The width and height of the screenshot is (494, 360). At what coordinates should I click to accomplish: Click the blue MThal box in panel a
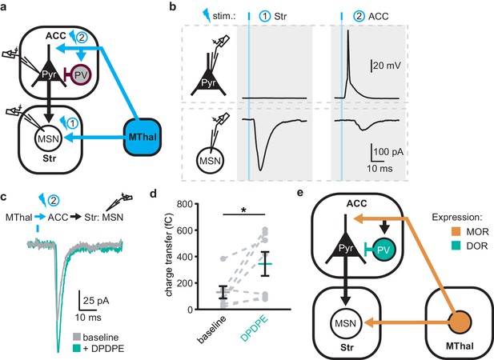pyautogui.click(x=142, y=137)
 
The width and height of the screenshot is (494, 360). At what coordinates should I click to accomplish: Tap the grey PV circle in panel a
pyautogui.click(x=82, y=75)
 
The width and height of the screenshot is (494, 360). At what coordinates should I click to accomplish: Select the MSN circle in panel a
pyautogui.click(x=48, y=138)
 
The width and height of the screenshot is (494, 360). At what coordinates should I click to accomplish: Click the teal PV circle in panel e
pyautogui.click(x=384, y=250)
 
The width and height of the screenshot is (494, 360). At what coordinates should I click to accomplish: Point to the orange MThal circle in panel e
pyautogui.click(x=460, y=322)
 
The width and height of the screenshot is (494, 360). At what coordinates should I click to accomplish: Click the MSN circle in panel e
pyautogui.click(x=346, y=323)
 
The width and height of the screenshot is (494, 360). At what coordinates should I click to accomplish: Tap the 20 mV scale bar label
pyautogui.click(x=387, y=66)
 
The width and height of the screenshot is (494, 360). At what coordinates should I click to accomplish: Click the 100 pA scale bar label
pyautogui.click(x=388, y=152)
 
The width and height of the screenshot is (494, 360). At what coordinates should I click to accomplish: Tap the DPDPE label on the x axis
pyautogui.click(x=255, y=328)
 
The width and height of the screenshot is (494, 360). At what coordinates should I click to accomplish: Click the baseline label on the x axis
pyautogui.click(x=212, y=329)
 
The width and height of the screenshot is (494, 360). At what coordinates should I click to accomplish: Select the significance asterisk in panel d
pyautogui.click(x=243, y=210)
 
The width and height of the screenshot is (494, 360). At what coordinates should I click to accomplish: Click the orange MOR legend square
pyautogui.click(x=454, y=232)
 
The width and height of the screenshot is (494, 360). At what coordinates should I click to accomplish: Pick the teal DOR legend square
pyautogui.click(x=454, y=246)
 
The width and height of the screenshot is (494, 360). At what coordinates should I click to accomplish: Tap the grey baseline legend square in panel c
pyautogui.click(x=77, y=338)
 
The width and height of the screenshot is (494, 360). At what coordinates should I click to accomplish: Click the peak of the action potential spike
pyautogui.click(x=348, y=30)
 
